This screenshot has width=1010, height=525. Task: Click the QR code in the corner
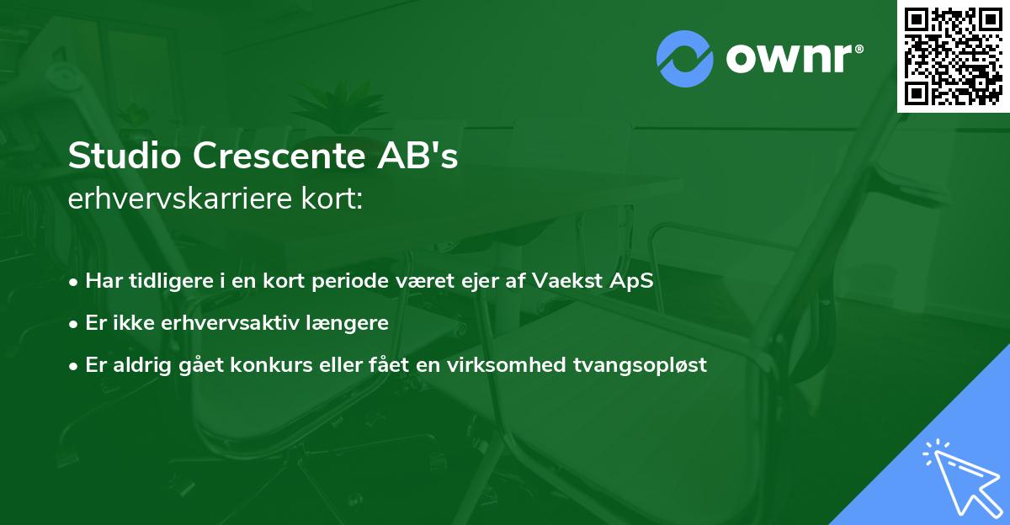[954, 56]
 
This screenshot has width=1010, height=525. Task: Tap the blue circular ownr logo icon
[684, 59]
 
